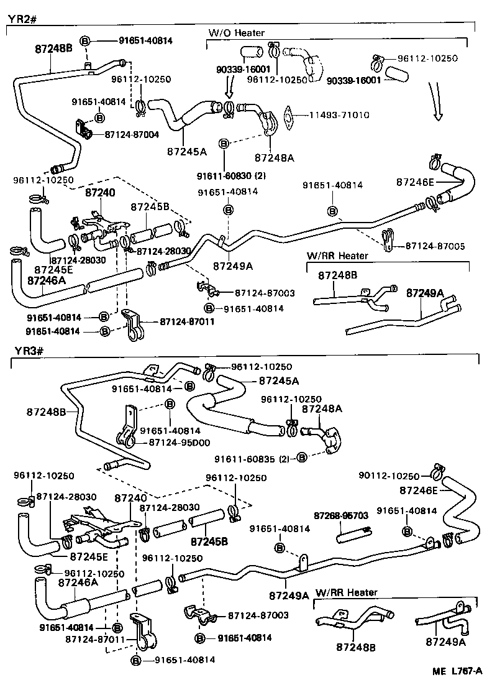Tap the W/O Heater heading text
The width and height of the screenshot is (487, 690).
click(236, 32)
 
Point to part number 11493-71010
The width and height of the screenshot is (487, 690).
click(336, 116)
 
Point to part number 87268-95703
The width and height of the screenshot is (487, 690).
click(340, 516)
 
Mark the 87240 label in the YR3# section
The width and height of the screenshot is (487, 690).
click(130, 498)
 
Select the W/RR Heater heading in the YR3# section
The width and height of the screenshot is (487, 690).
click(347, 592)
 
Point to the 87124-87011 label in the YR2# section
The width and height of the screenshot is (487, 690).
click(178, 321)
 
